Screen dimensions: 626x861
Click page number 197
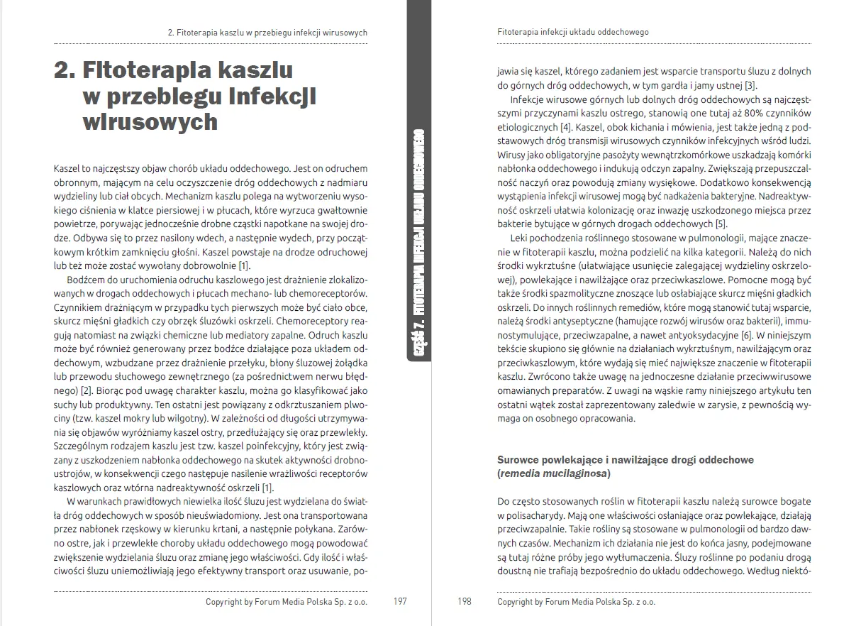point(399,602)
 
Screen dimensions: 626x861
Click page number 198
point(464,602)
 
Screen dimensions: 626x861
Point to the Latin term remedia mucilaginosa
point(554,473)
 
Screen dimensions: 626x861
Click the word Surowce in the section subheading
point(519,460)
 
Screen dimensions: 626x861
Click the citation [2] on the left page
point(87,391)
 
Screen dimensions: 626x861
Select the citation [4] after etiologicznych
point(565,127)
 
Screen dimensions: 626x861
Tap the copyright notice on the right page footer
point(577,602)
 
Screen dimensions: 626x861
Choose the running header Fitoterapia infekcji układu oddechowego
point(573,33)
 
